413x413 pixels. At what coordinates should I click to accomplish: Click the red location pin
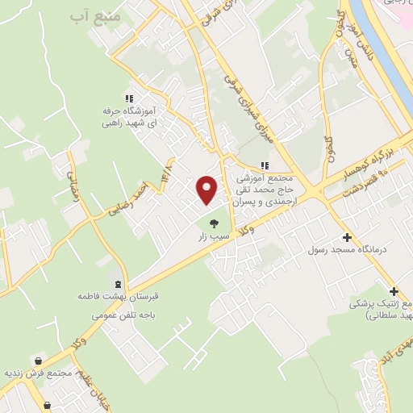tap(207, 190)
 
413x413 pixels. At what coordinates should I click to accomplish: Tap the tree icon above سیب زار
tap(214, 224)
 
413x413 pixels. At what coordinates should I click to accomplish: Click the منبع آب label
tap(95, 15)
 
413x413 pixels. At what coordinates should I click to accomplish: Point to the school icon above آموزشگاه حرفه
tap(130, 98)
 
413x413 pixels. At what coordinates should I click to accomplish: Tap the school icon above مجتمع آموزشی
tap(265, 166)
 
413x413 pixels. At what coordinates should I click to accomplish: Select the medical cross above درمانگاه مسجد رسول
tap(347, 237)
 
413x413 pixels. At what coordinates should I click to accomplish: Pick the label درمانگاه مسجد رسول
tap(348, 249)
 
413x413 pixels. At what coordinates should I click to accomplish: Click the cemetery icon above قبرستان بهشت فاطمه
tap(119, 284)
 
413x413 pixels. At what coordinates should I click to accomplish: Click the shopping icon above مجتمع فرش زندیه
tap(39, 361)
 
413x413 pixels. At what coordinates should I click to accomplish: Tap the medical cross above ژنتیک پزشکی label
tap(394, 291)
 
